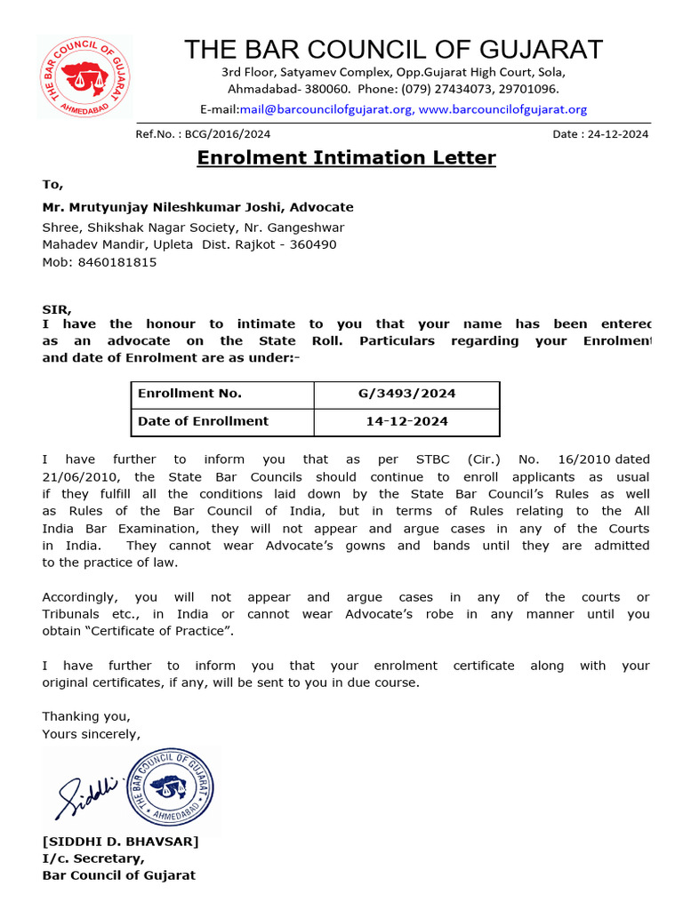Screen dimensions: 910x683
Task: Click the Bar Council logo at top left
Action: tap(84, 77)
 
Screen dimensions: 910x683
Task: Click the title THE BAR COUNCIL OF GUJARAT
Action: tap(393, 49)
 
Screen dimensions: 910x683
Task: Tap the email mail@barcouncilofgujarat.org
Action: tap(325, 109)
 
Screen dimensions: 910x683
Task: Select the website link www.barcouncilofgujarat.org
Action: tap(502, 109)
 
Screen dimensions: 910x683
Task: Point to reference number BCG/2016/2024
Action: tap(228, 134)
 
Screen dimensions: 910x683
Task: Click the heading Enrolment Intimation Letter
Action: tap(346, 158)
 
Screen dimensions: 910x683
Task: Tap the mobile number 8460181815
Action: tap(117, 262)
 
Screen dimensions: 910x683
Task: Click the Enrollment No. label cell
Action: tap(222, 394)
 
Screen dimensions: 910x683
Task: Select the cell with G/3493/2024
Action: tap(406, 394)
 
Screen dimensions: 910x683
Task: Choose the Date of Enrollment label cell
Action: tap(222, 421)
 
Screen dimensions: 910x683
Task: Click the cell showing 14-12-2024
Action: tap(406, 421)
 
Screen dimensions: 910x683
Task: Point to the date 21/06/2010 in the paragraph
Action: tap(75, 477)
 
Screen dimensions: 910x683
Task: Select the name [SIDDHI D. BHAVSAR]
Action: tap(121, 842)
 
